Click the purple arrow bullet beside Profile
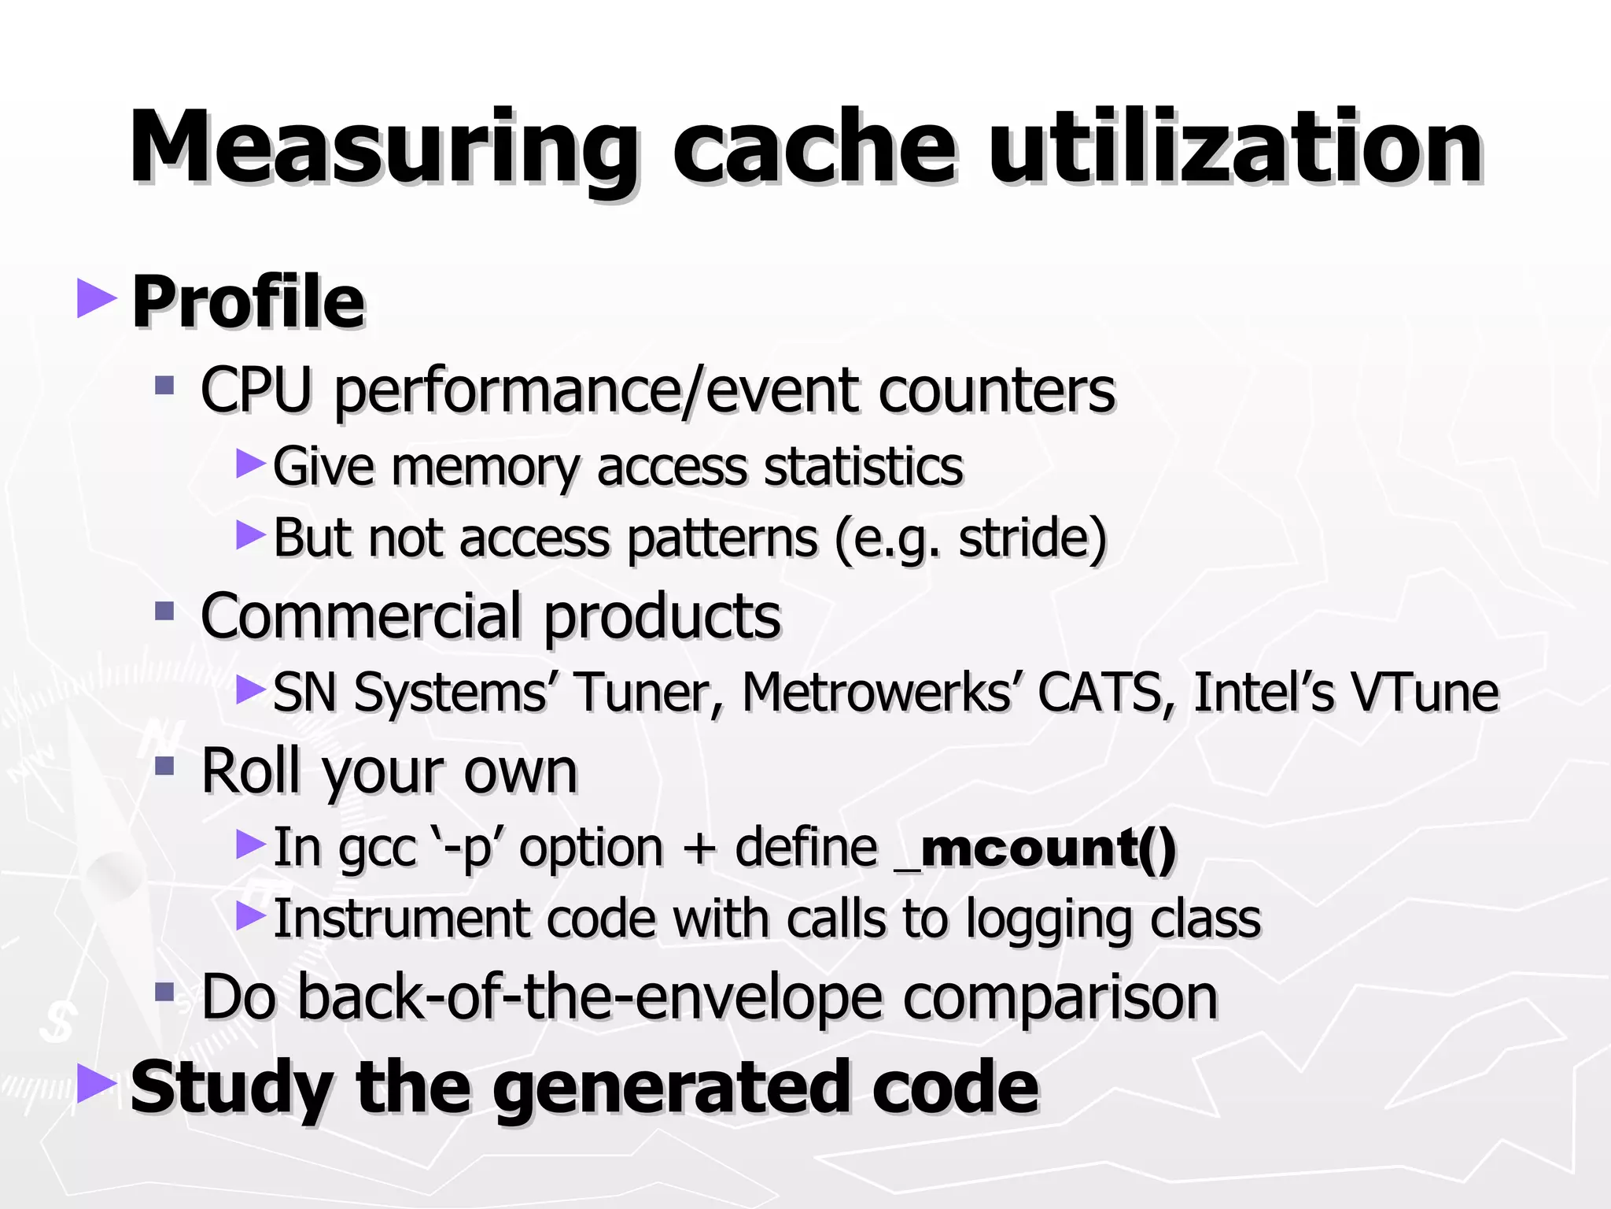tap(97, 298)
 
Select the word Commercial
tap(363, 616)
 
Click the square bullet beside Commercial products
tap(164, 611)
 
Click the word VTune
tap(1424, 693)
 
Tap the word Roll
tap(252, 771)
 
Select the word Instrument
tap(400, 919)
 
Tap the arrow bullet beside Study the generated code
tap(97, 1085)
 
